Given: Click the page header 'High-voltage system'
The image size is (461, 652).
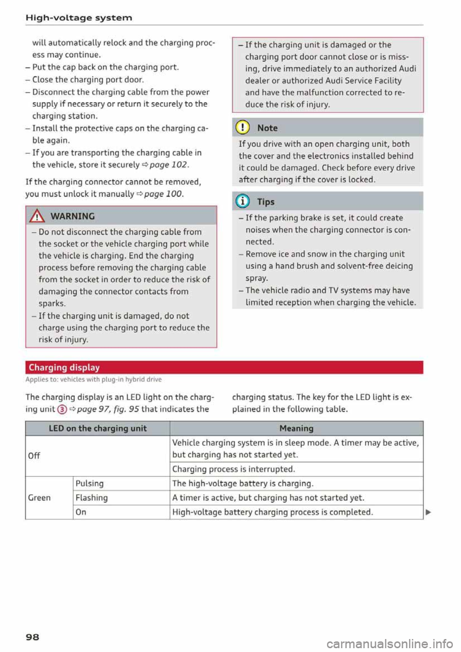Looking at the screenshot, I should [79, 18].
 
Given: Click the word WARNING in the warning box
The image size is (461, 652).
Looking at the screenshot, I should [72, 216].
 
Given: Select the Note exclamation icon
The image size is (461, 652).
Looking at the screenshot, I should [243, 128].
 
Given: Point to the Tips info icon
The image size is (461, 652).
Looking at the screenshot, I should [243, 202].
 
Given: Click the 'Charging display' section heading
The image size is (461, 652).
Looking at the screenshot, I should [64, 367].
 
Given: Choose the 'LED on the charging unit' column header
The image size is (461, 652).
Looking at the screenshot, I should [97, 428].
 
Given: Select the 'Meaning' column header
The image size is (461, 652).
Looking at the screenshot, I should [296, 428].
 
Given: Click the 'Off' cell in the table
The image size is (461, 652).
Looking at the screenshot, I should [34, 455].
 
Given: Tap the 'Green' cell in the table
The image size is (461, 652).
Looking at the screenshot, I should [39, 497].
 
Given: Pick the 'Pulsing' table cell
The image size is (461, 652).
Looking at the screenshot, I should [90, 483].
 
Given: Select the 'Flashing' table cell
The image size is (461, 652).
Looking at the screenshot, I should [92, 498].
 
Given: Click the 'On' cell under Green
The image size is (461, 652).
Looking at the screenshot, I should [81, 512].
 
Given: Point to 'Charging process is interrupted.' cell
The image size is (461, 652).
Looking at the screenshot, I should [233, 469].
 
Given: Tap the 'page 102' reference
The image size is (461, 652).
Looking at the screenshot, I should [169, 165].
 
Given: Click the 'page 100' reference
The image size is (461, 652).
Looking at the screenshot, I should [163, 194].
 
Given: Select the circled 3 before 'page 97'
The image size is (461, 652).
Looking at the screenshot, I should [61, 410].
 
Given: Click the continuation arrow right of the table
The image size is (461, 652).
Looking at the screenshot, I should [428, 512].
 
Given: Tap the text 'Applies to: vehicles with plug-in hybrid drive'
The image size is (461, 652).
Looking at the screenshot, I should [94, 379].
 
